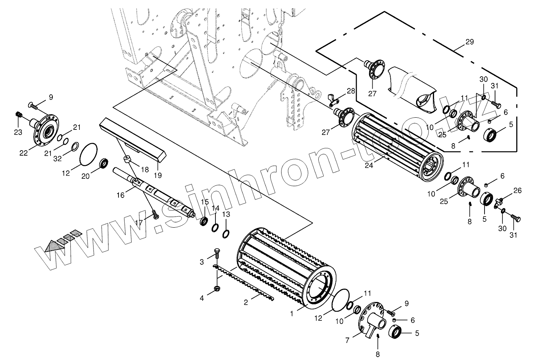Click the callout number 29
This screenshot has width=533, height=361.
pyautogui.click(x=470, y=42)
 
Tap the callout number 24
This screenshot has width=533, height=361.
pyautogui.click(x=369, y=165)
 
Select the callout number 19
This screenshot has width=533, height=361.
pyautogui.click(x=158, y=175)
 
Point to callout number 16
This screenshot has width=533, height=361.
pyautogui.click(x=121, y=195)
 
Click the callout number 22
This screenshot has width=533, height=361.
pyautogui.click(x=23, y=153)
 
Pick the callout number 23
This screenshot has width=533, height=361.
pyautogui.click(x=18, y=132)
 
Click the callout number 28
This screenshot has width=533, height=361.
pyautogui.click(x=351, y=91)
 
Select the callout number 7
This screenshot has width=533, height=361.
pyautogui.click(x=347, y=341)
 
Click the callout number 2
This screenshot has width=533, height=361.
pyautogui.click(x=246, y=302)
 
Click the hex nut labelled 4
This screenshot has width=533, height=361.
pyautogui.click(x=217, y=288)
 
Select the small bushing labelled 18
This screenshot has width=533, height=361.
pyautogui.click(x=127, y=159)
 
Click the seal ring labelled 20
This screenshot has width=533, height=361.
pyautogui.click(x=104, y=163)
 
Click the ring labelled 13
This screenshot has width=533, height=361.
pyautogui.click(x=226, y=234)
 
